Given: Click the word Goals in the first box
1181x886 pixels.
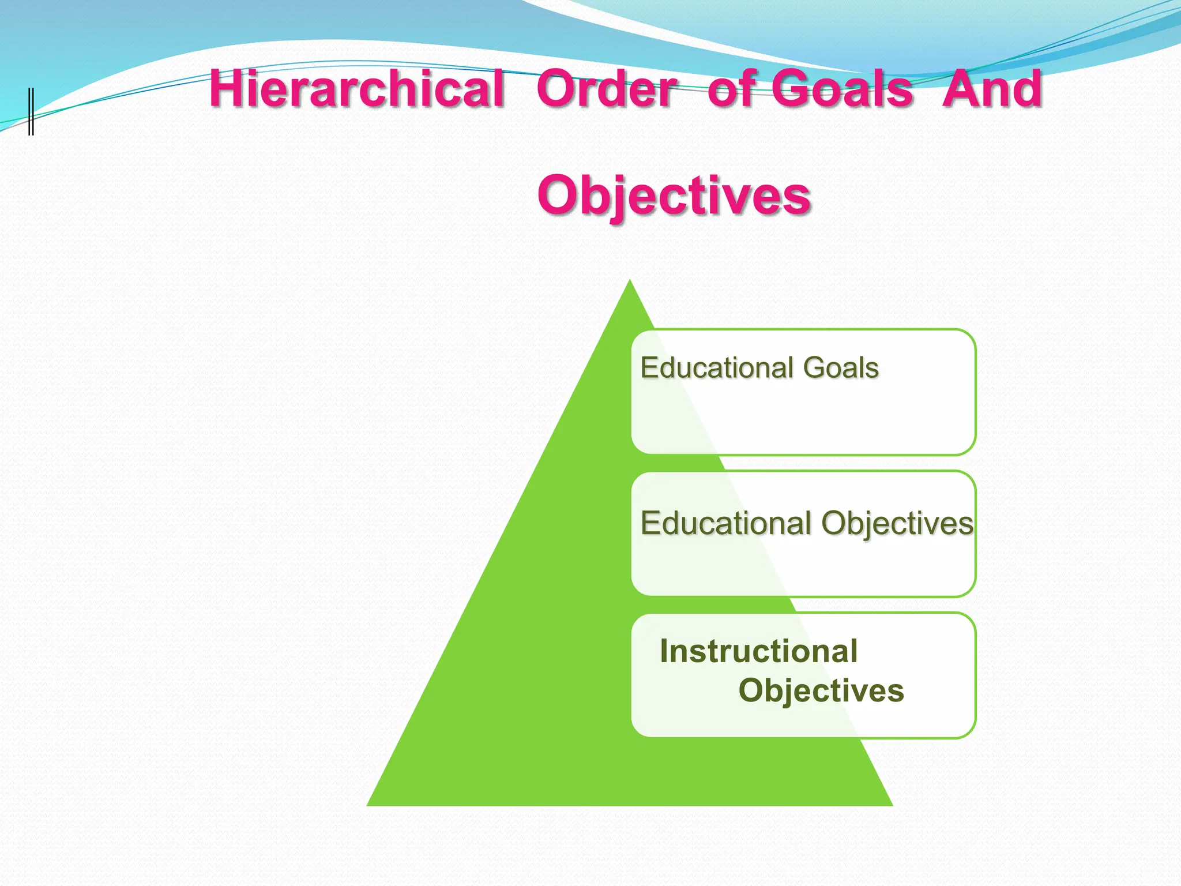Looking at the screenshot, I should coord(841,367).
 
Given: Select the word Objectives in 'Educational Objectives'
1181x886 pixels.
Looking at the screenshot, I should coord(897,524).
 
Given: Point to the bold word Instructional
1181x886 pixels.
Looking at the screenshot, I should coord(758,651).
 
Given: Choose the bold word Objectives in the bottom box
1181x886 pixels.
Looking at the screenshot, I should coord(821,690).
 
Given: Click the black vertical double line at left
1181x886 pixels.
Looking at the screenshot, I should coord(31,111).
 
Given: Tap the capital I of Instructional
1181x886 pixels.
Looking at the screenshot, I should coord(664,651).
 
